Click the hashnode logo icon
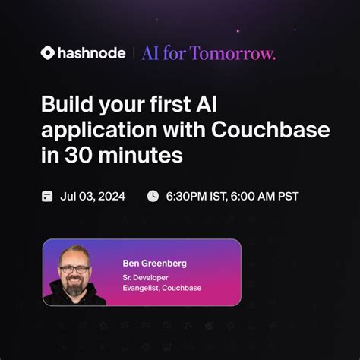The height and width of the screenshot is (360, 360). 49,53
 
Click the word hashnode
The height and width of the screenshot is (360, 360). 93,53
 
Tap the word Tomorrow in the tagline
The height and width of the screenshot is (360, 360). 243,53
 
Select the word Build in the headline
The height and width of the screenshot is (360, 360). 64,106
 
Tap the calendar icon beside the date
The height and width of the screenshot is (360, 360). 47,196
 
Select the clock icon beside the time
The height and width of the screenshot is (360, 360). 153,196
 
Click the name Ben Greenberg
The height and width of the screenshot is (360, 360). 155,263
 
